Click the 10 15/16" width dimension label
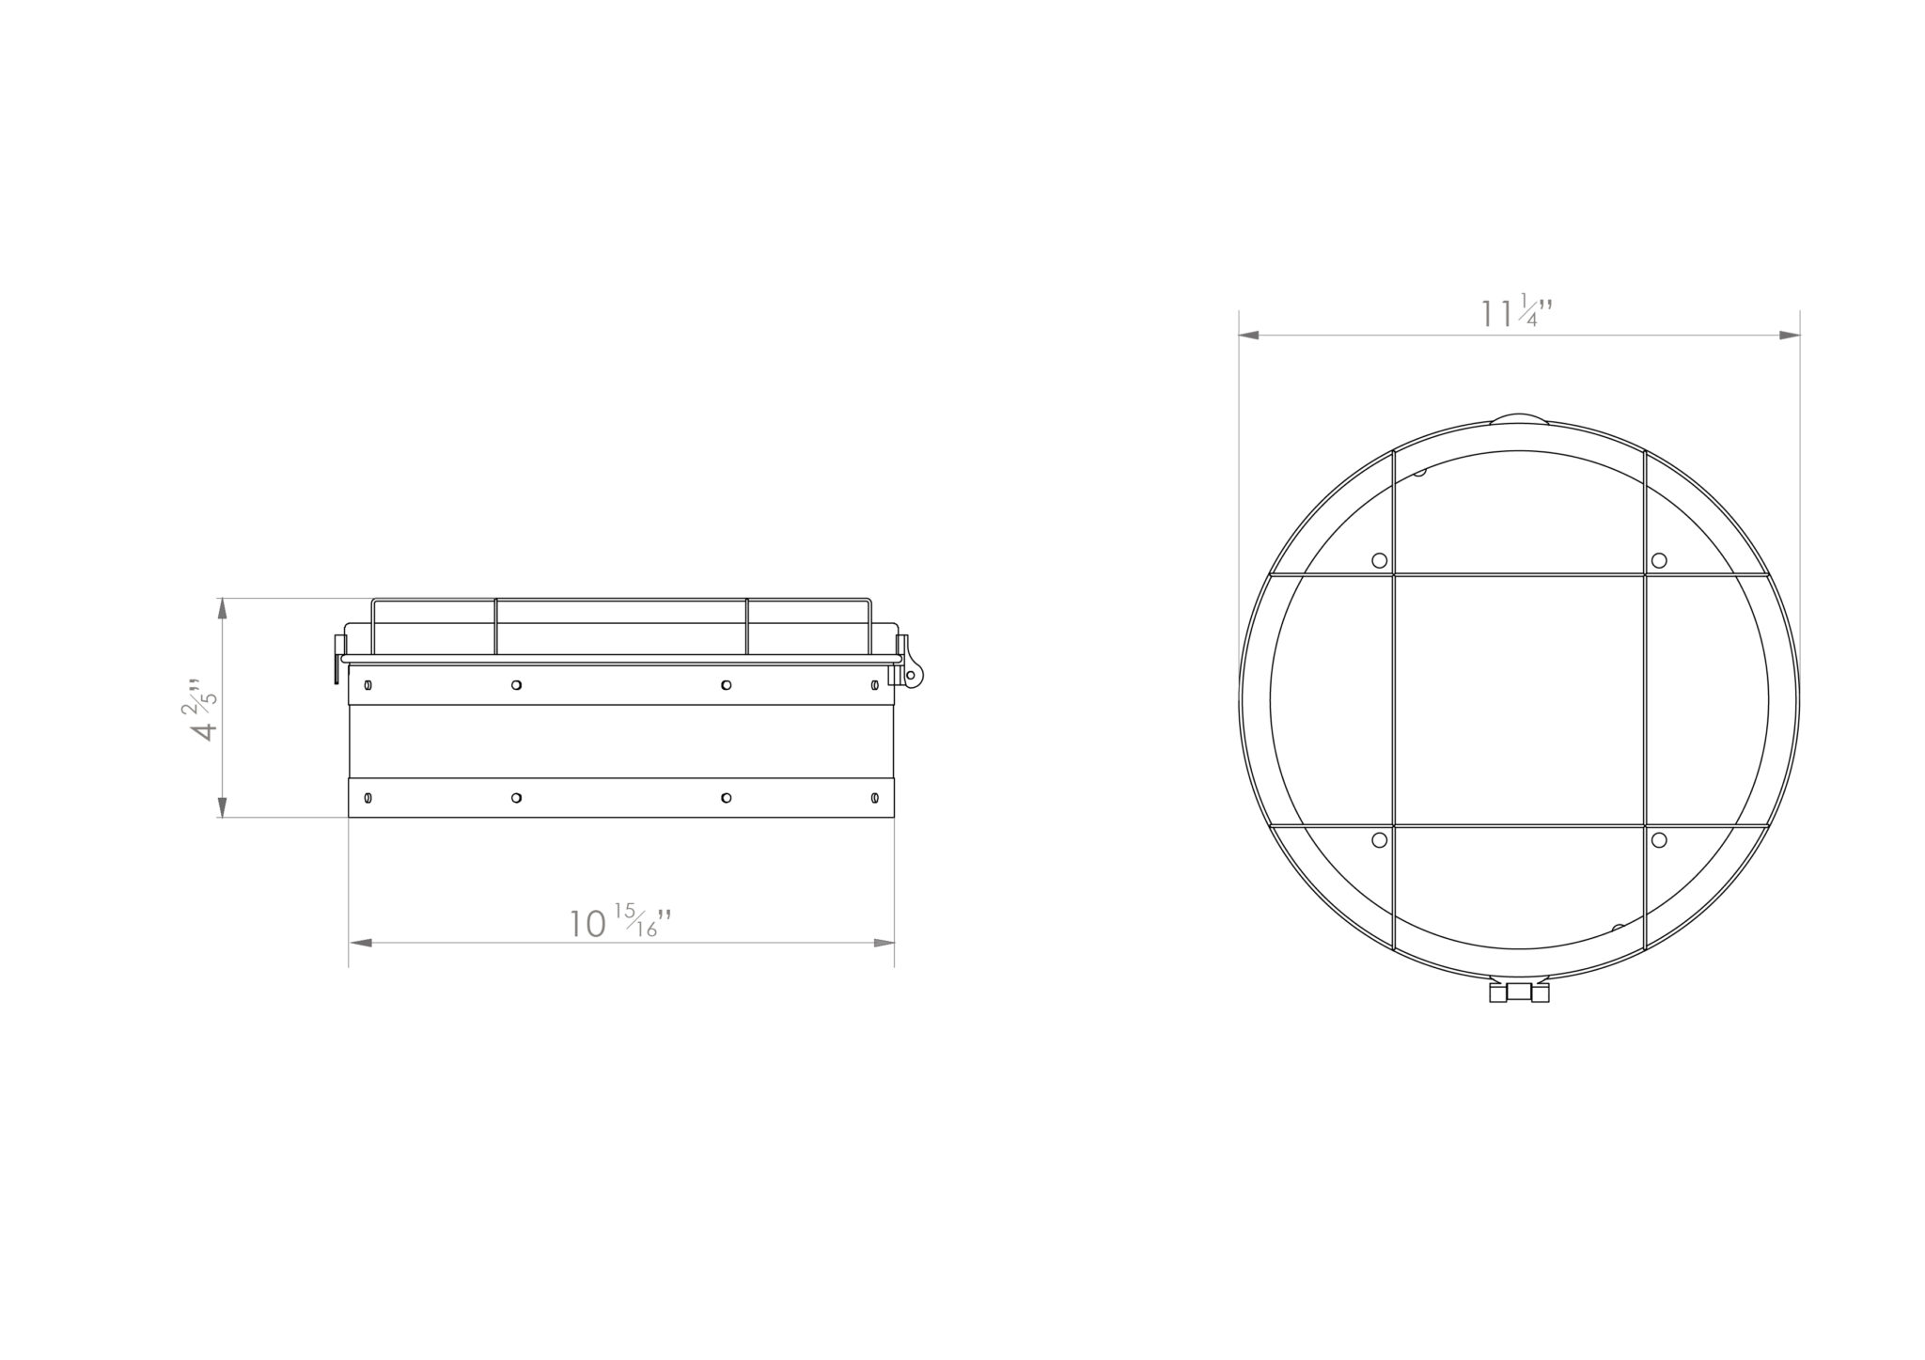pyautogui.click(x=621, y=922)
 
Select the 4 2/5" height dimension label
pyautogui.click(x=203, y=708)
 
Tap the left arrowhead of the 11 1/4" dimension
pyautogui.click(x=1249, y=335)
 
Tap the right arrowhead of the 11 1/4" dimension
pyautogui.click(x=1789, y=335)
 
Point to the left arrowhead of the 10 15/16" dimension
pyautogui.click(x=360, y=942)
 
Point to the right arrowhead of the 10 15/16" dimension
pyautogui.click(x=884, y=942)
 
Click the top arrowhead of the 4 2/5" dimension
pyautogui.click(x=223, y=608)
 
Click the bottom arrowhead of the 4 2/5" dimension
pyautogui.click(x=223, y=806)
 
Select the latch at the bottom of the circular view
pyautogui.click(x=1519, y=992)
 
